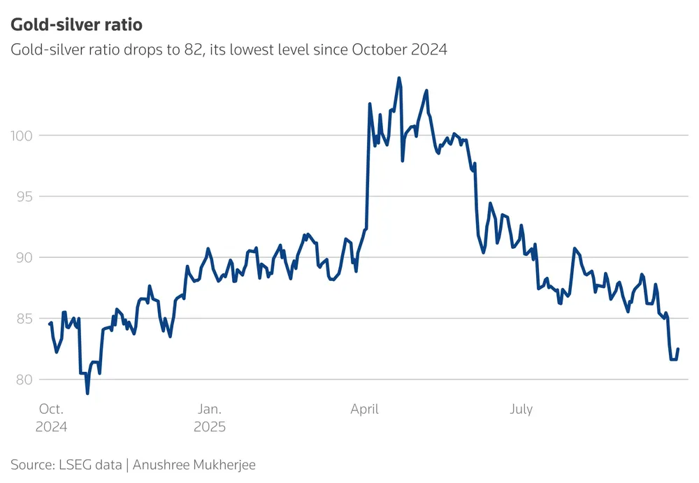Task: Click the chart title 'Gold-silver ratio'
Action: pyautogui.click(x=76, y=25)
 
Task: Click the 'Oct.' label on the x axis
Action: pyautogui.click(x=51, y=410)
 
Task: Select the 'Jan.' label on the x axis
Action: pyautogui.click(x=209, y=410)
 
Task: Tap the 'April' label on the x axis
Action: pyautogui.click(x=364, y=410)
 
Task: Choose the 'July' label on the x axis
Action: pyautogui.click(x=521, y=410)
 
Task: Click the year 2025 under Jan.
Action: pyautogui.click(x=210, y=426)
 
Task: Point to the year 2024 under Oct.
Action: pyautogui.click(x=51, y=426)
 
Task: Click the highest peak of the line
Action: pyautogui.click(x=398, y=78)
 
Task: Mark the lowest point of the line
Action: pyautogui.click(x=87, y=394)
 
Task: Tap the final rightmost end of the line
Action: pyautogui.click(x=678, y=349)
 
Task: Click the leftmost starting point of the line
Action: pyautogui.click(x=49, y=324)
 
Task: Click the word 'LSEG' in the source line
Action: pyautogui.click(x=73, y=464)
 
